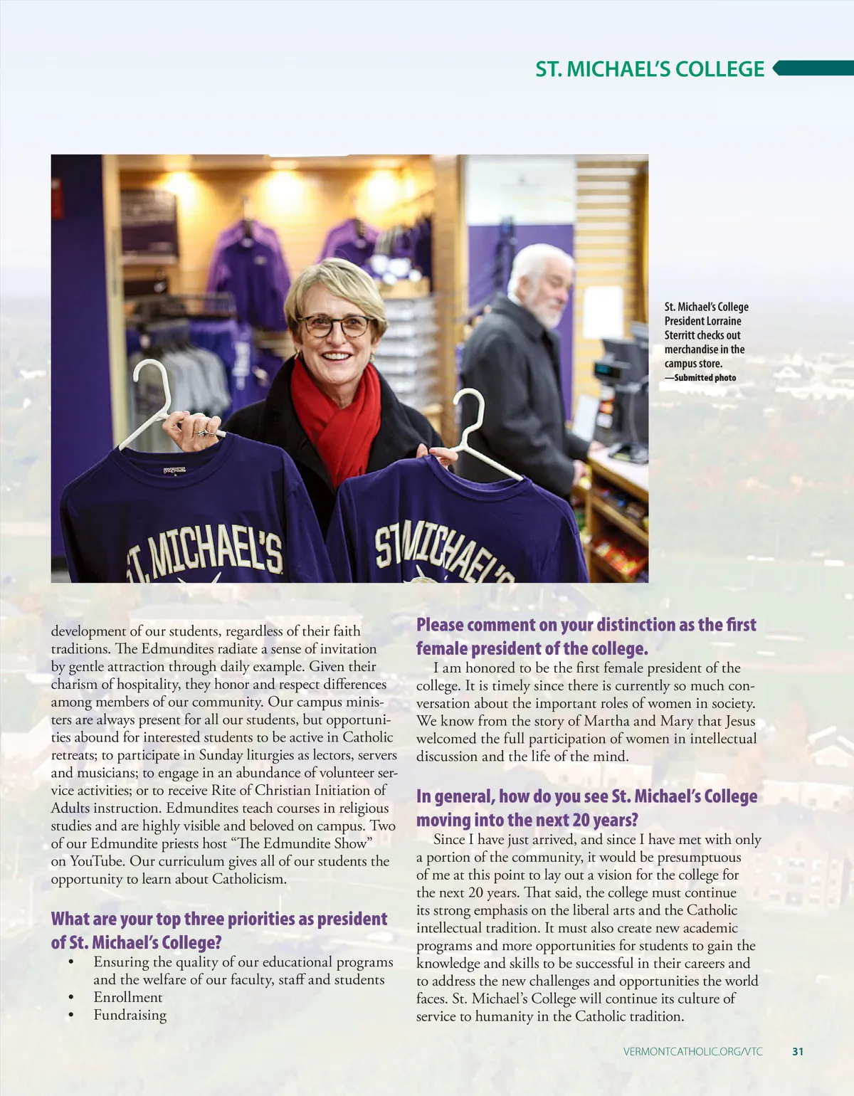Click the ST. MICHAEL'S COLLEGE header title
click(650, 69)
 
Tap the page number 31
click(798, 1051)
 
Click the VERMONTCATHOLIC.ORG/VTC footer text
click(692, 1051)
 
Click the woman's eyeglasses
click(334, 326)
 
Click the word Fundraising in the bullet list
click(130, 1015)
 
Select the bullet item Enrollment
click(128, 997)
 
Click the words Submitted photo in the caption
click(705, 378)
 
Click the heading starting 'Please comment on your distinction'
click(586, 636)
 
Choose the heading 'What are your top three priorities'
click(218, 930)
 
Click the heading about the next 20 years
click(586, 808)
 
